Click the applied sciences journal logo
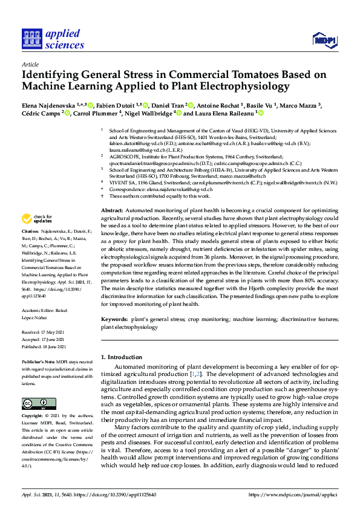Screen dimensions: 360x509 pos(53,39)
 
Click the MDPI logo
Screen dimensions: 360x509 pos(324,41)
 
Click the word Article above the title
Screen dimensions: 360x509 pos(30,64)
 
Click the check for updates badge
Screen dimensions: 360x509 pos(34,219)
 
